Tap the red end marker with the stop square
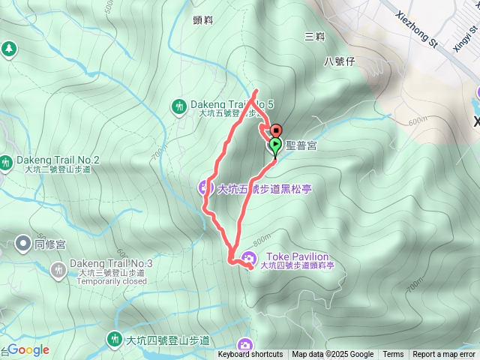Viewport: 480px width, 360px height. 275,130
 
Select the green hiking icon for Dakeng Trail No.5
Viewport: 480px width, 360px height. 179,106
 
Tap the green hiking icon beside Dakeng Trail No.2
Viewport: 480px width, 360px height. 6,161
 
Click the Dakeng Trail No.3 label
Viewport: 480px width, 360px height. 111,263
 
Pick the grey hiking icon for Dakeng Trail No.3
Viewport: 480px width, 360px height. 58,269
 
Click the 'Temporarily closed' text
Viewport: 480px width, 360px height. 112,282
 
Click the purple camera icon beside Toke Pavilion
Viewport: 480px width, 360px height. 248,259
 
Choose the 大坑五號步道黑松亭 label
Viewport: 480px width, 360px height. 264,189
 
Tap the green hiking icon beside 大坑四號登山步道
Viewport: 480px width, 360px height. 114,340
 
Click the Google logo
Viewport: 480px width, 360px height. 28,349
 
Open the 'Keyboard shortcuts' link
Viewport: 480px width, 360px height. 250,355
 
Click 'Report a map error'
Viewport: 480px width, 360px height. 444,355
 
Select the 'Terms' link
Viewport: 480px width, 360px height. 393,355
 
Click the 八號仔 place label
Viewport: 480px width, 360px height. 339,61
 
